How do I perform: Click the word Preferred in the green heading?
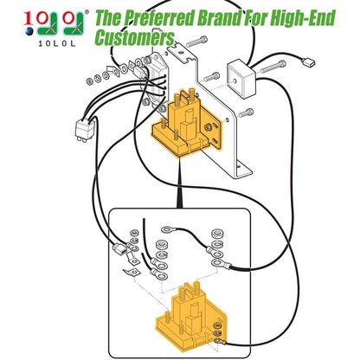(159, 18)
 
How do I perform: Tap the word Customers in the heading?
(135, 37)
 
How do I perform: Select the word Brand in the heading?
(219, 18)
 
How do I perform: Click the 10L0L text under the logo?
(57, 43)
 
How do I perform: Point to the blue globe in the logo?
(29, 31)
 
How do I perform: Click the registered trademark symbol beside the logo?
(87, 12)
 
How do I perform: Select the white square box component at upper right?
(241, 78)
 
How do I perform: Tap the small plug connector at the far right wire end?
(308, 62)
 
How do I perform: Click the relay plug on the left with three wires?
(85, 129)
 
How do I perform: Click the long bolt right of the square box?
(273, 67)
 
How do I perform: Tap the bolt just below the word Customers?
(197, 42)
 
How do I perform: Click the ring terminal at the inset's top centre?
(167, 229)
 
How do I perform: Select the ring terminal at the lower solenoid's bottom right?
(220, 342)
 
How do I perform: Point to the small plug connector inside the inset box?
(119, 248)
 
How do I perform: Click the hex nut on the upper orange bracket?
(207, 126)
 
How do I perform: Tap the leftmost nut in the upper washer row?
(90, 81)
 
